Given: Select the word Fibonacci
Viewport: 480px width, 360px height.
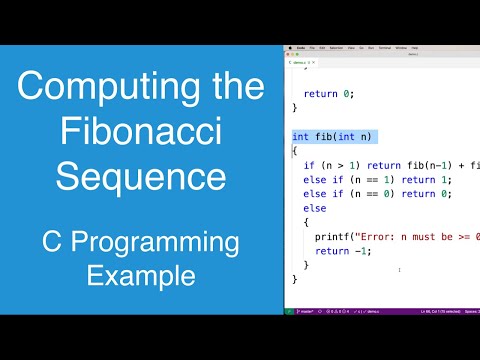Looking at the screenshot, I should pyautogui.click(x=141, y=132).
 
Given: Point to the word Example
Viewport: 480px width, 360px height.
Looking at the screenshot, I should pyautogui.click(x=141, y=274).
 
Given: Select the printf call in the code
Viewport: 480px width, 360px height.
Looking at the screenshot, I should pyautogui.click(x=330, y=236).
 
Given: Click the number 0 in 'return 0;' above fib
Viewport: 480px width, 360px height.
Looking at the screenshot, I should pyautogui.click(x=347, y=94).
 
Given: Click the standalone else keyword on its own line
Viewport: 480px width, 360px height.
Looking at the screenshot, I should pyautogui.click(x=315, y=208).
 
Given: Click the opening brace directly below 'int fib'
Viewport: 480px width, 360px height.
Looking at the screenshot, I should pyautogui.click(x=295, y=151).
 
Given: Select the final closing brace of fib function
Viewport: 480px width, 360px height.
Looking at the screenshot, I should pyautogui.click(x=295, y=279).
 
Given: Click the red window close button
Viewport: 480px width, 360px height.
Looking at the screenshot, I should pyautogui.click(x=289, y=55).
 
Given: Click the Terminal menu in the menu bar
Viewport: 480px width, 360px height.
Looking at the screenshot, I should pyautogui.click(x=383, y=47).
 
